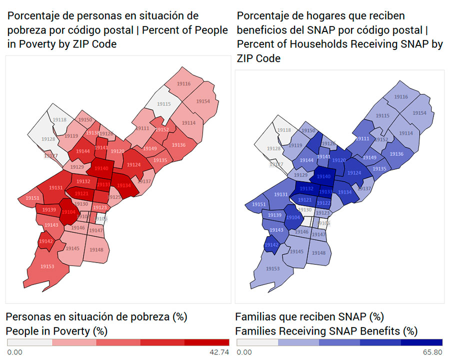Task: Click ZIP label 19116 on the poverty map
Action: click(x=183, y=83)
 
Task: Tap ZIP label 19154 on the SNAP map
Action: click(x=419, y=113)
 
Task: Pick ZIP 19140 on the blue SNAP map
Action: click(x=324, y=176)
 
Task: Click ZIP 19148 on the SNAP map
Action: click(x=318, y=253)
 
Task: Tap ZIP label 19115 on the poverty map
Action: click(x=163, y=104)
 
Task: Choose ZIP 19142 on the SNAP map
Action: click(x=271, y=245)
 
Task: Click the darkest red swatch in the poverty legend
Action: click(x=206, y=342)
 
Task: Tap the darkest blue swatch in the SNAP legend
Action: click(x=421, y=342)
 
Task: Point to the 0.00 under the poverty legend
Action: click(x=15, y=352)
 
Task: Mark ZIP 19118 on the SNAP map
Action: click(x=284, y=130)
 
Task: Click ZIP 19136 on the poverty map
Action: click(x=178, y=145)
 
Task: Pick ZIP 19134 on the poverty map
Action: click(x=124, y=185)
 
